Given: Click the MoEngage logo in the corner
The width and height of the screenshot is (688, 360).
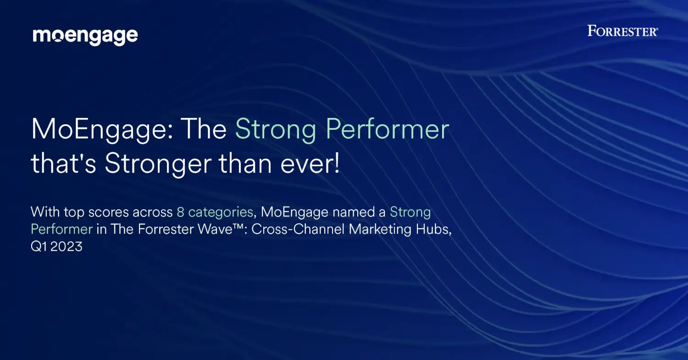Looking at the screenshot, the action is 85,37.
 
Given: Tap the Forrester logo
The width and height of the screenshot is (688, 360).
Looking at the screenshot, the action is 622,31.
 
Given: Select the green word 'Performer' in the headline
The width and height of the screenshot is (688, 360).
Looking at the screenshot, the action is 387,129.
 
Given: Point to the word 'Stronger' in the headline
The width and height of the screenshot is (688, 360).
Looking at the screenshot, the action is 158,164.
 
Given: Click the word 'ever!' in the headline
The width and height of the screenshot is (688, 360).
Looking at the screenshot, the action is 310,163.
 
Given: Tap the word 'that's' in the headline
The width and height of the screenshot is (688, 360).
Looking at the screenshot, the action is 64,163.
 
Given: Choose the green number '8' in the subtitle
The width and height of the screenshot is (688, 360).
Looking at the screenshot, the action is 180,212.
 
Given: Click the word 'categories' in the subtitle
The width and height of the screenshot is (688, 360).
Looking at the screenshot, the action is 221,212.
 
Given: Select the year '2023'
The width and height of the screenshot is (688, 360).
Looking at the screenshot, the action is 67,246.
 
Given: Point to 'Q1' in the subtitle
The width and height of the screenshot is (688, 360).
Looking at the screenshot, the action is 39,246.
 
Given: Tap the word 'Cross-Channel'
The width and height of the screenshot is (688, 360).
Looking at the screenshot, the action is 298,229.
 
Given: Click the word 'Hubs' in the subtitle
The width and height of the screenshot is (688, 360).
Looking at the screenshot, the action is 432,229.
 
